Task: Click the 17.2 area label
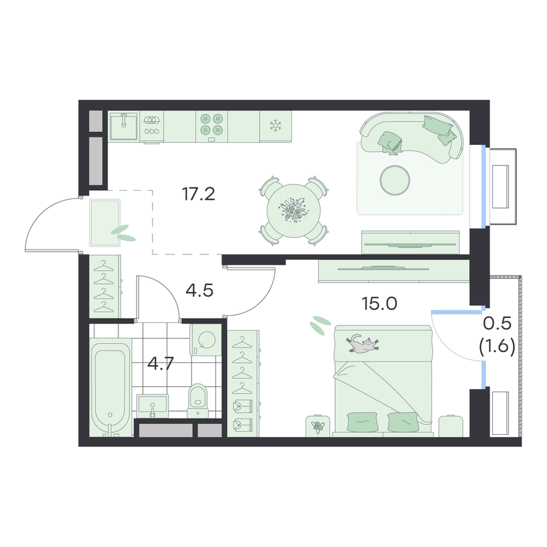198,194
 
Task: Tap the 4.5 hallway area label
199,290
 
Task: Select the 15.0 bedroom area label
379,304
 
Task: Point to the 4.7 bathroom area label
161,364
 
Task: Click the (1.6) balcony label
497,348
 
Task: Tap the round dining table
293,211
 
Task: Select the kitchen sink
124,126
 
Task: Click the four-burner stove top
211,126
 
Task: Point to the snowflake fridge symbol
276,126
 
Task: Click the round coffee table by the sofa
395,181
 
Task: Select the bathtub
111,387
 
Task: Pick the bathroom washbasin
152,405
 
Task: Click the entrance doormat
105,223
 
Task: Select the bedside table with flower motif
318,425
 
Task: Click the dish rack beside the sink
152,126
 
